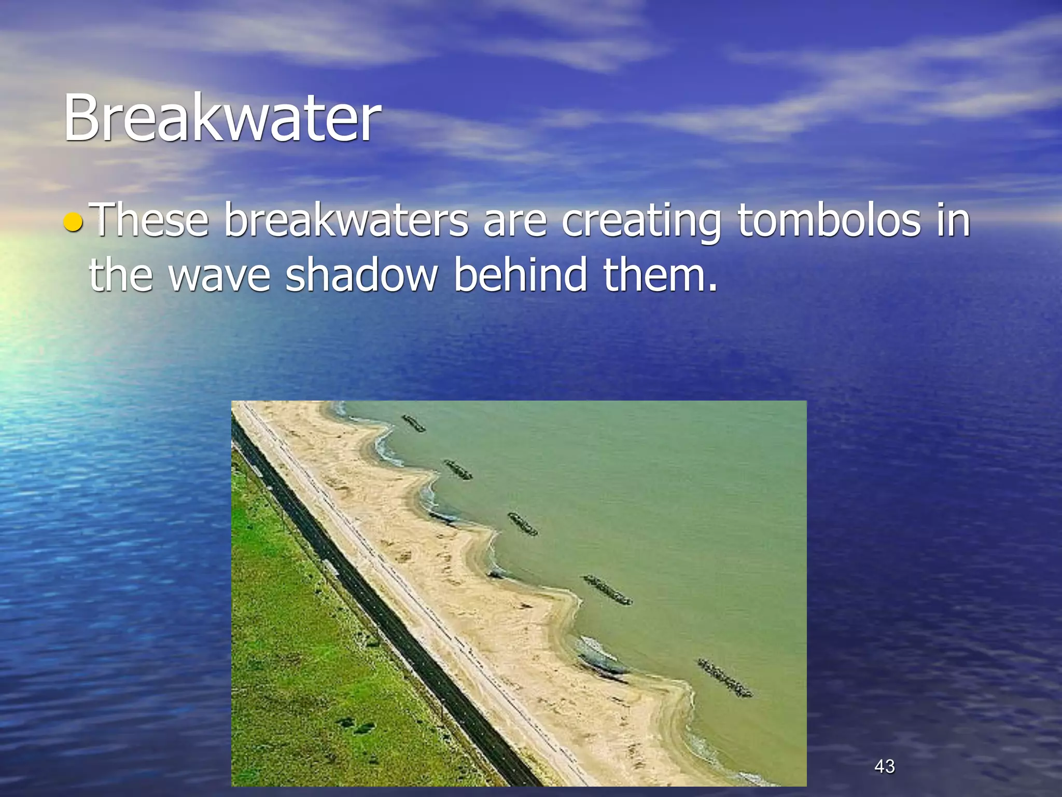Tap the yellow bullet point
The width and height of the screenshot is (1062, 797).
[73, 223]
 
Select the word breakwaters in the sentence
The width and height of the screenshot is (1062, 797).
[346, 221]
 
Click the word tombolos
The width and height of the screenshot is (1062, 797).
[829, 221]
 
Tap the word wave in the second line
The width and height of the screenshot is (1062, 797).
[220, 275]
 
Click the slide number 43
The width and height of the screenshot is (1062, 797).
[884, 766]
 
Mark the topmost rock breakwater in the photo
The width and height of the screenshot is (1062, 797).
[413, 423]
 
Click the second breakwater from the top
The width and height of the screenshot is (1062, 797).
[458, 470]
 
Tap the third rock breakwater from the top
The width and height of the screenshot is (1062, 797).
[522, 524]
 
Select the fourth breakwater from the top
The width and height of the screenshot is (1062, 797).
[607, 590]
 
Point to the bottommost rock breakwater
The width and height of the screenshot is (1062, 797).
[724, 677]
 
